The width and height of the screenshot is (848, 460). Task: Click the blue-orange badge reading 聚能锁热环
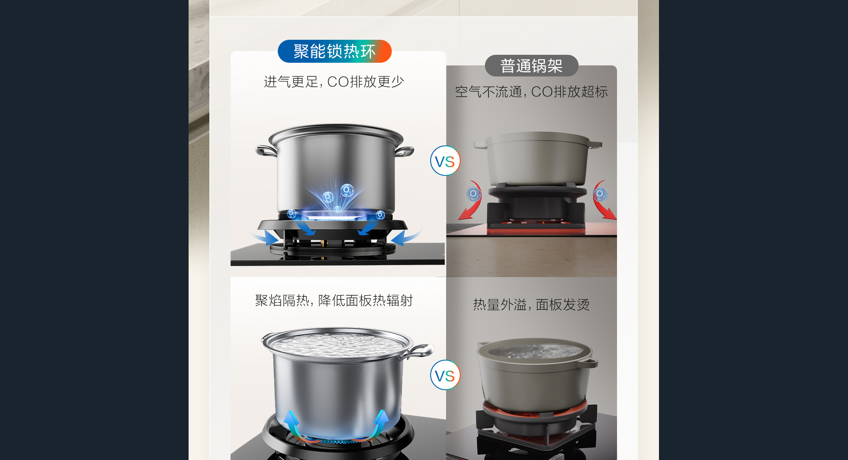tap(334, 51)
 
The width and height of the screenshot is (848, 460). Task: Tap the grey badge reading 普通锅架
tap(531, 66)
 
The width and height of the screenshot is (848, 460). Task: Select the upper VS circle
tap(445, 161)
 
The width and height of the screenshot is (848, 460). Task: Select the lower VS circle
tap(445, 375)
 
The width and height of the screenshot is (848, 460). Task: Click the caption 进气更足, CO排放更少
tap(334, 82)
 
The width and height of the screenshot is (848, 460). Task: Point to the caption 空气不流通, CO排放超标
tap(531, 92)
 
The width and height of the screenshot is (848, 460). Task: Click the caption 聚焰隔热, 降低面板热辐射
tap(334, 300)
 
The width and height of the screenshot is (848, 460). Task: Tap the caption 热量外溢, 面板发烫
tap(531, 304)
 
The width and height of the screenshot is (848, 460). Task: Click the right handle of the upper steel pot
tap(404, 151)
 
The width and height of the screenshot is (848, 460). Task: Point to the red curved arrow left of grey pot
tap(472, 201)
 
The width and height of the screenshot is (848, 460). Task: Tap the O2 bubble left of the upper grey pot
tap(473, 194)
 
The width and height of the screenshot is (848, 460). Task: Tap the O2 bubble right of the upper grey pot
tap(600, 194)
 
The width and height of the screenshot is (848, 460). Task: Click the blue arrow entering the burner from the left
tap(266, 238)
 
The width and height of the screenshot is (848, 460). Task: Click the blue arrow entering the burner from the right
tap(405, 237)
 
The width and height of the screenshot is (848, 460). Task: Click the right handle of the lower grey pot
tap(589, 363)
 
